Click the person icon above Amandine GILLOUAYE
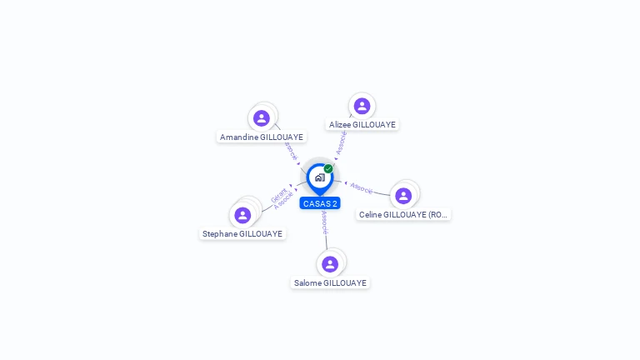[262, 118]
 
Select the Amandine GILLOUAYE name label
[262, 137]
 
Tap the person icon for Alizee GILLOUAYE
[362, 106]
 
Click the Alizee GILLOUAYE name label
[362, 124]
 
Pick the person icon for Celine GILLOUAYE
[403, 196]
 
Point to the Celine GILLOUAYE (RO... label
[403, 214]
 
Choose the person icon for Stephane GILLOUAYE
[242, 215]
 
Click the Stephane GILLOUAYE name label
[242, 234]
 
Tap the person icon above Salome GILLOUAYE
[330, 264]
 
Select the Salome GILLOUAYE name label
[330, 283]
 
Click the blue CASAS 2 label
[320, 203]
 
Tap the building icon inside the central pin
[319, 177]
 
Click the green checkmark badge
[328, 169]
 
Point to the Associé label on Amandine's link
[290, 151]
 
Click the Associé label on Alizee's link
[342, 142]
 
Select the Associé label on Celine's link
[362, 188]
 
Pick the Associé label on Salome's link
[324, 222]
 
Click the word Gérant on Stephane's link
[277, 195]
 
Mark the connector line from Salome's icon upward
[327, 242]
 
